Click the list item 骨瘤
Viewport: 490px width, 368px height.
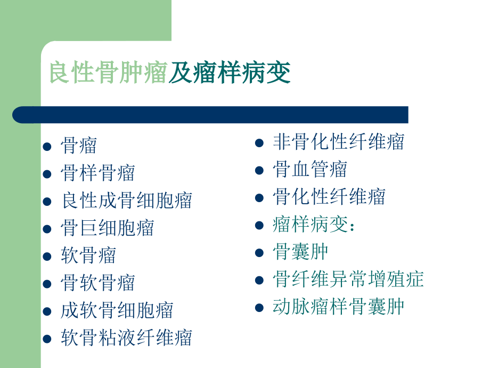(x=79, y=146)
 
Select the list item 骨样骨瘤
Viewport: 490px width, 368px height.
(x=98, y=173)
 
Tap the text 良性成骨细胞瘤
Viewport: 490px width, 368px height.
(x=127, y=201)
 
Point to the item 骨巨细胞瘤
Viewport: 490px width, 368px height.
(x=108, y=228)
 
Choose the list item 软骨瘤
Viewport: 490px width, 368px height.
(x=88, y=255)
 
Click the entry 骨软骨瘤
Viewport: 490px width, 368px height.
(x=98, y=283)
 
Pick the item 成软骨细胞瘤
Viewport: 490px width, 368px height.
(x=117, y=310)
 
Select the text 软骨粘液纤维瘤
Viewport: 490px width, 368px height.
(x=127, y=338)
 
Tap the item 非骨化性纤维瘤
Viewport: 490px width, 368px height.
(x=339, y=142)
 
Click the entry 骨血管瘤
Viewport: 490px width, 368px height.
(x=310, y=170)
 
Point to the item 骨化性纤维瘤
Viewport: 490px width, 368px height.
(x=329, y=197)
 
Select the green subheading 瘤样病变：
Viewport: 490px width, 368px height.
(x=314, y=224)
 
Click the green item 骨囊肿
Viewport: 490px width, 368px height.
(x=300, y=252)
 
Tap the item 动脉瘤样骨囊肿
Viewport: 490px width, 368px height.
(x=339, y=307)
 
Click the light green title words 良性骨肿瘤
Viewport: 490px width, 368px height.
(x=109, y=73)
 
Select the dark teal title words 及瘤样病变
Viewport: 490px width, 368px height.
(x=230, y=73)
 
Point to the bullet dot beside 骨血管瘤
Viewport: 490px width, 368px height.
(x=259, y=170)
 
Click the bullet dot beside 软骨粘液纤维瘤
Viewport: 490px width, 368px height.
(x=47, y=338)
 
